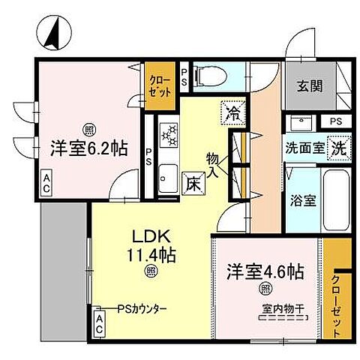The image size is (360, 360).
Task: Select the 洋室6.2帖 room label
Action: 83,148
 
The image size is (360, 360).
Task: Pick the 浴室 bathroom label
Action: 303,200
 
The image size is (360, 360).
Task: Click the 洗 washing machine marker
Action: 339,148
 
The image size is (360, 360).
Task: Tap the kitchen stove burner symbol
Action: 169,136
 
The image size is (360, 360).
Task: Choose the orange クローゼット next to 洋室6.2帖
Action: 159,85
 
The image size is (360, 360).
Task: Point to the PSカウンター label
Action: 142,309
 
